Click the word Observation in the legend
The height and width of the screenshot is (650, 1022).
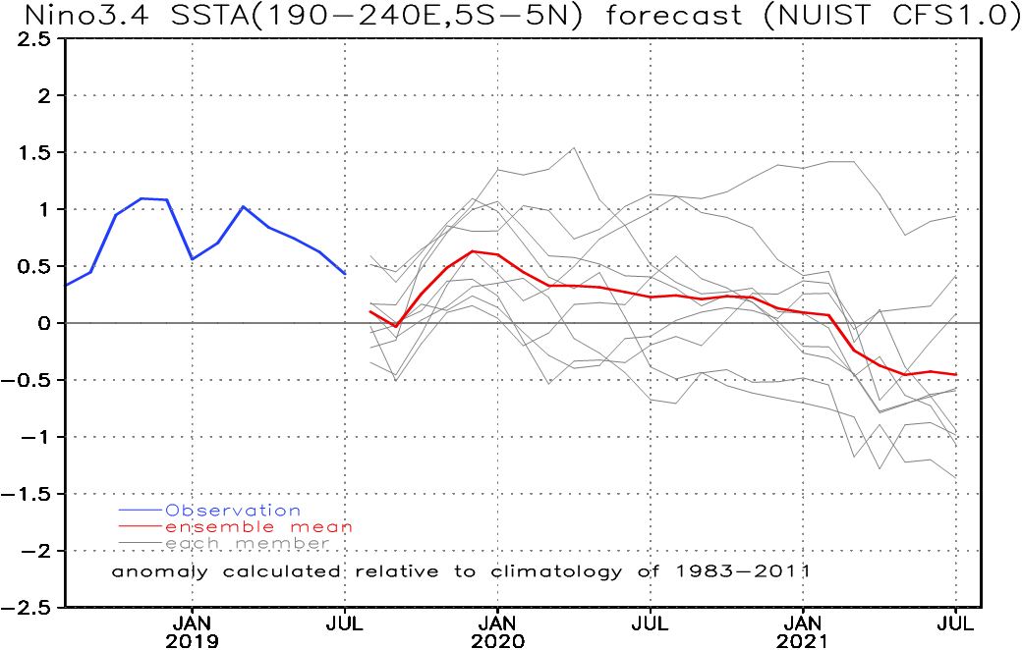click(x=233, y=511)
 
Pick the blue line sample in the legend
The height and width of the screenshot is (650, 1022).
click(x=140, y=511)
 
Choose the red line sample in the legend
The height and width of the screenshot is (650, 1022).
click(x=140, y=527)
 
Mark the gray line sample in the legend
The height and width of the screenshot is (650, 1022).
click(x=140, y=543)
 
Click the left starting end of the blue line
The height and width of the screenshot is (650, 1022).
click(x=65, y=286)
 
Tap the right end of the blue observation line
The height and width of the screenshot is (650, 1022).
click(x=345, y=274)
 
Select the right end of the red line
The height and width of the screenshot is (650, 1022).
click(x=957, y=375)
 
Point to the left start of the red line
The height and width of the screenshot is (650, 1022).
click(x=369, y=310)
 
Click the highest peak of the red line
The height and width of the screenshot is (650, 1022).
click(x=474, y=251)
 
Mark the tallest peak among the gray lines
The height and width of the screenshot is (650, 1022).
click(x=574, y=148)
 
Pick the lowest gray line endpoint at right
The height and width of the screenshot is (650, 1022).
click(x=957, y=479)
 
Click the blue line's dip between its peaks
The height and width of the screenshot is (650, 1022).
click(x=193, y=258)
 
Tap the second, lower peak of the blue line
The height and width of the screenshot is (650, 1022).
click(x=244, y=206)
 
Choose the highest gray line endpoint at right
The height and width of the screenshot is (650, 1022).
click(x=957, y=217)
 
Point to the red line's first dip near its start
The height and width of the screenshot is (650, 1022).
click(x=395, y=326)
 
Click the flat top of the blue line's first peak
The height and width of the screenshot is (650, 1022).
click(x=154, y=199)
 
